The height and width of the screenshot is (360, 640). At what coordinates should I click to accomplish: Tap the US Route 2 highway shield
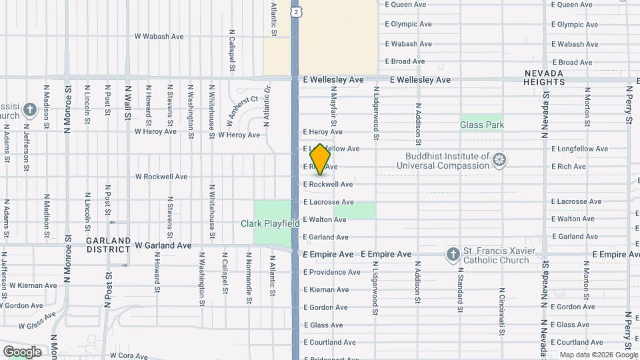[295, 11]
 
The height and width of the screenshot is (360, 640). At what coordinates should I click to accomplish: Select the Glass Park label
[482, 125]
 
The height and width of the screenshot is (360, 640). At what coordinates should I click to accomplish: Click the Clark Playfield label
[270, 224]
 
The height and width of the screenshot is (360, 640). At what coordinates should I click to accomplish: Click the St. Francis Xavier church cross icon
[453, 254]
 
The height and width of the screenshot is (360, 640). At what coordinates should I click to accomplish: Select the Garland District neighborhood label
[108, 245]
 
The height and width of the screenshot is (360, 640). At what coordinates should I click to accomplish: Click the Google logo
[22, 352]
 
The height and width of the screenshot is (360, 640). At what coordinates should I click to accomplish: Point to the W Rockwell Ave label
[161, 177]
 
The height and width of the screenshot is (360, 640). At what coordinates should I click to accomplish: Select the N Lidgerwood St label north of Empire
[376, 113]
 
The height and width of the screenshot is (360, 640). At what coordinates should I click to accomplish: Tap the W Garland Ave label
[163, 245]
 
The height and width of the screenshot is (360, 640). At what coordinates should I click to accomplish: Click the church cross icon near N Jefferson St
[29, 109]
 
